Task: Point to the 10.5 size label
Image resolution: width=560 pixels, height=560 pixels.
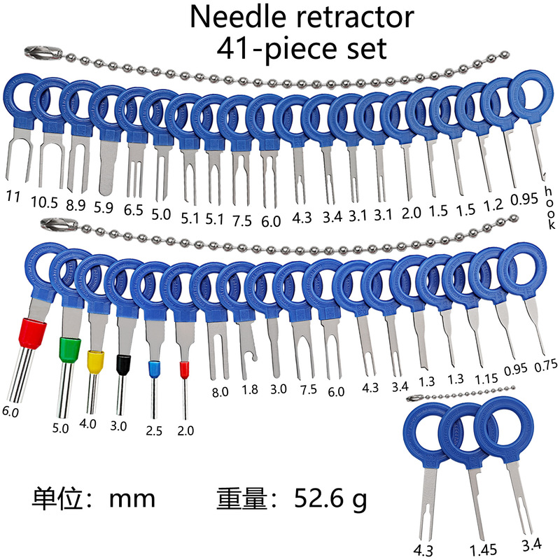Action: [45, 202]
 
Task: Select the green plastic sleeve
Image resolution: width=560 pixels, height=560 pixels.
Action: [69, 350]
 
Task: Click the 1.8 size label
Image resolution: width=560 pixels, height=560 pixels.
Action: [249, 391]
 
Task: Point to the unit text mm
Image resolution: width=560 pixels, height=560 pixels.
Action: [132, 499]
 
